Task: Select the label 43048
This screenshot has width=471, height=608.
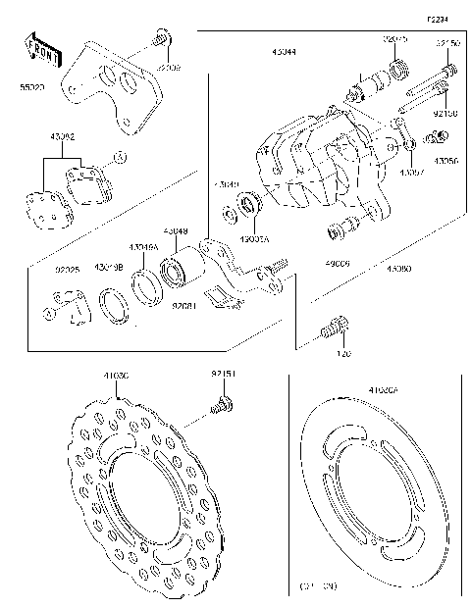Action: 177,231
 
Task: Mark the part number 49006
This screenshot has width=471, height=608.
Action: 338,264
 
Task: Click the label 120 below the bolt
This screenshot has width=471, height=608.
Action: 343,352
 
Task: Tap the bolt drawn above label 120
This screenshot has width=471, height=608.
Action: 334,329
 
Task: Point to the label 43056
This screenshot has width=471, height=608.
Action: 445,160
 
